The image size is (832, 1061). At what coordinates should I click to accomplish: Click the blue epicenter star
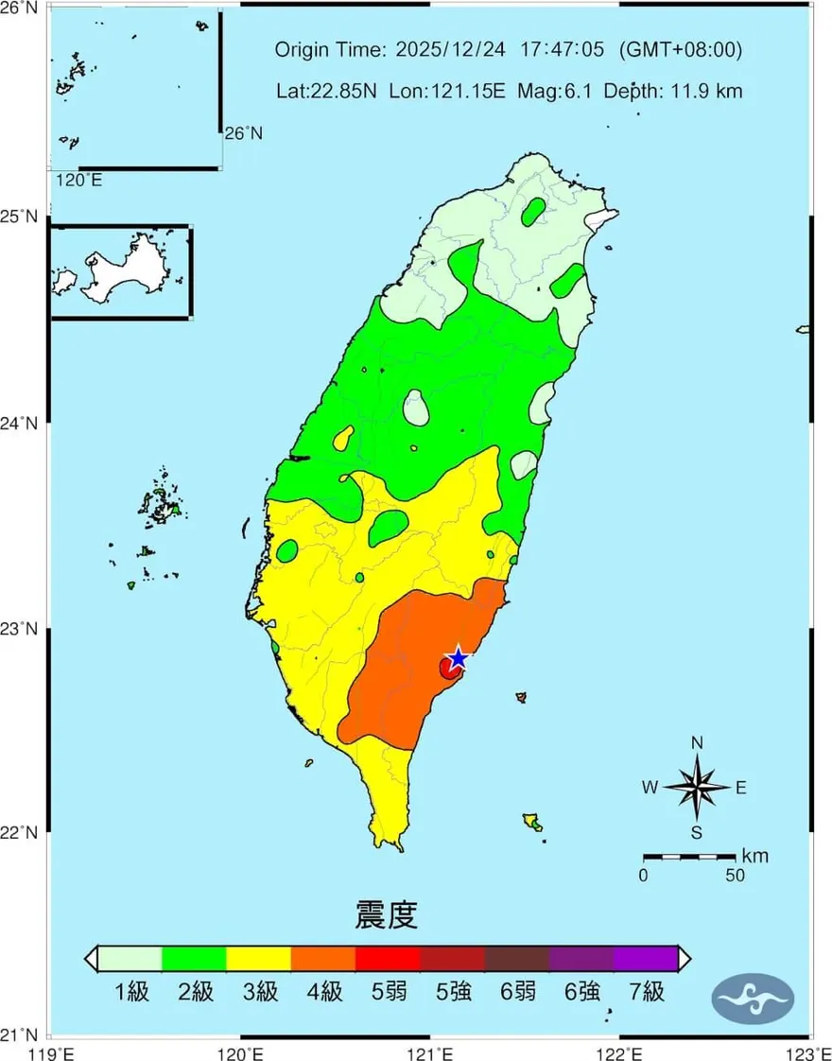tap(458, 658)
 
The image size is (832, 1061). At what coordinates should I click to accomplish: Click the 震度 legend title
tap(386, 914)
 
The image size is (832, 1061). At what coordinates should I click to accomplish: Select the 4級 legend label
tap(323, 992)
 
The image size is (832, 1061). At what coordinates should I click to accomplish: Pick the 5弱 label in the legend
tap(388, 992)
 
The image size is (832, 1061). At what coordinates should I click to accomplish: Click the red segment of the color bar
tap(387, 958)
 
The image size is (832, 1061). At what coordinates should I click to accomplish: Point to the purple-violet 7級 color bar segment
tap(646, 958)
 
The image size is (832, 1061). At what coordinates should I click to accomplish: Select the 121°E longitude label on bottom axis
tap(431, 1052)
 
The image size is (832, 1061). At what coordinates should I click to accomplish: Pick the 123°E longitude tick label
tap(810, 1052)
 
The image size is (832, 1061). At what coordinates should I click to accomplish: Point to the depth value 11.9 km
tap(707, 92)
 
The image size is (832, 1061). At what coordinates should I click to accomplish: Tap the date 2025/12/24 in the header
tap(440, 50)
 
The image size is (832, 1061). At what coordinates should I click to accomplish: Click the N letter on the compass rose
tap(697, 743)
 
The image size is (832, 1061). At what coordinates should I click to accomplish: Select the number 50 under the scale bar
tap(735, 876)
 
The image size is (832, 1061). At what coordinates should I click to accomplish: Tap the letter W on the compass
tap(650, 787)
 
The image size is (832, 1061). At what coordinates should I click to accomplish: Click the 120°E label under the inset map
tap(79, 180)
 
